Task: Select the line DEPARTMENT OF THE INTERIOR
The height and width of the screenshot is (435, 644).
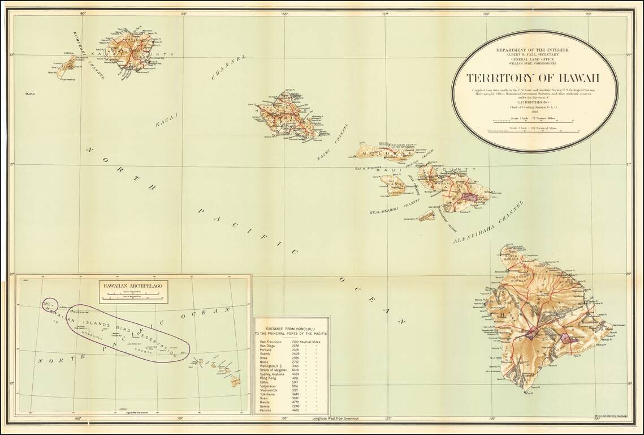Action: click(x=532, y=50)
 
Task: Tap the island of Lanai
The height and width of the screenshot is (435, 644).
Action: click(x=392, y=185)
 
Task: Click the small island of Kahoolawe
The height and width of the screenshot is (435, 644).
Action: click(x=427, y=215)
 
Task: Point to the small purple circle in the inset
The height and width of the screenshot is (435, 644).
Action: click(x=50, y=304)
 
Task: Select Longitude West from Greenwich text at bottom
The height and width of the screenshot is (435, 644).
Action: click(x=335, y=419)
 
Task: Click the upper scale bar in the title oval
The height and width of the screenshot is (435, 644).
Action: click(x=533, y=121)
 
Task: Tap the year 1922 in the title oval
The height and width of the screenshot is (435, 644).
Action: click(x=533, y=112)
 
